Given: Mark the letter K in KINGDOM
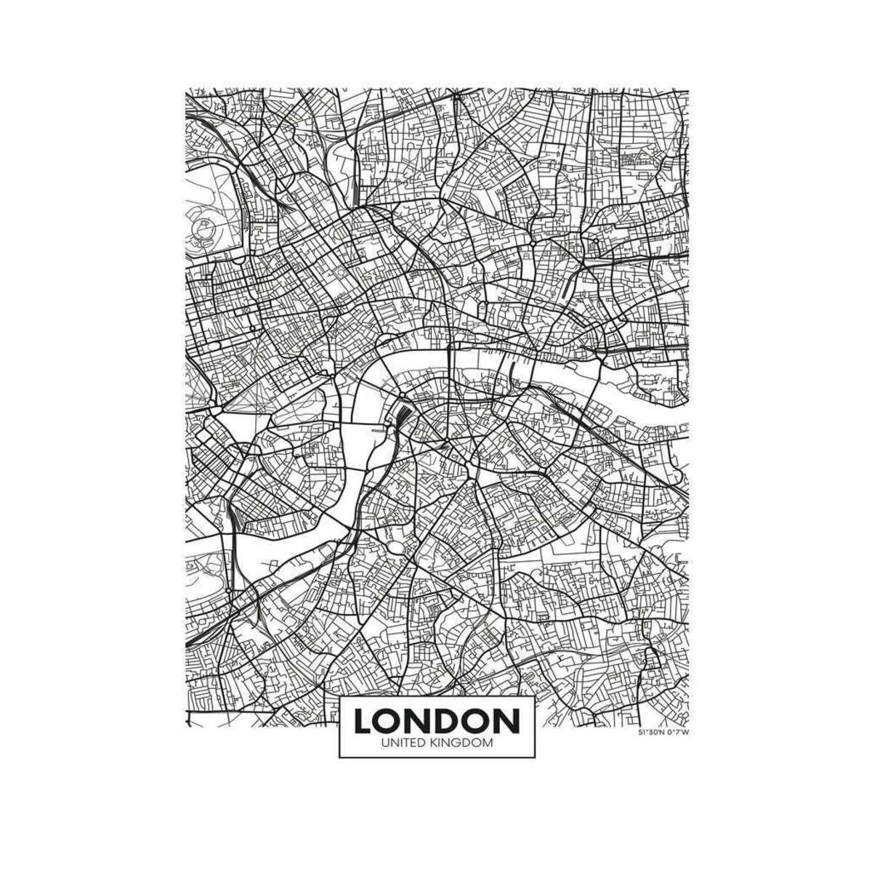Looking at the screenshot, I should coord(439,743).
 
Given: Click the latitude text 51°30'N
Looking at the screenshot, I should coord(651,732).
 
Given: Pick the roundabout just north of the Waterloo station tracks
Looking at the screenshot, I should coord(402,396).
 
